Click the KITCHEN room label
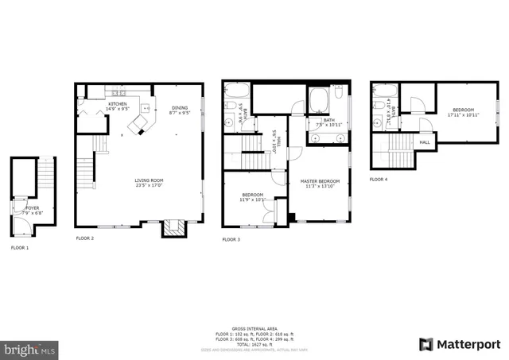[x=118, y=104]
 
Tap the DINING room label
[x=181, y=109]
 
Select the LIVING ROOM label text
[x=148, y=182]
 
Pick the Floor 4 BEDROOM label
[x=463, y=110]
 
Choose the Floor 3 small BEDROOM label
[x=252, y=195]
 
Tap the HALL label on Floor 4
[x=425, y=143]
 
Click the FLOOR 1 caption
[x=19, y=248]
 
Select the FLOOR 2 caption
[x=85, y=238]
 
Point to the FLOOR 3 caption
[x=231, y=239]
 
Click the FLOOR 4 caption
[x=379, y=180]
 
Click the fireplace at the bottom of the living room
[x=173, y=229]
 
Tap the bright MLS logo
[x=30, y=348]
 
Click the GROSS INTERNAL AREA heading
[x=254, y=327]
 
